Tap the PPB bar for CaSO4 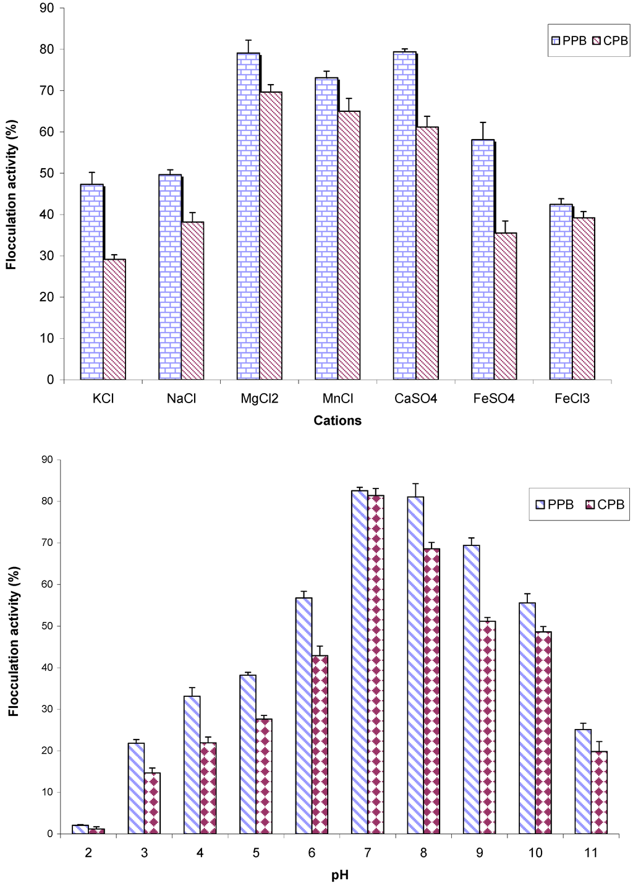[x=404, y=216]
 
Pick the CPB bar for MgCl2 [x=271, y=236]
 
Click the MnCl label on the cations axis [x=338, y=399]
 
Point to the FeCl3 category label [x=572, y=399]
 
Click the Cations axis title [x=338, y=421]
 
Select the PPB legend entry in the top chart [x=568, y=41]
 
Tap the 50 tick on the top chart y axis [x=47, y=173]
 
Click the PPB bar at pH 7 [x=359, y=662]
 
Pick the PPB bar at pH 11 [x=583, y=782]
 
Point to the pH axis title [x=339, y=875]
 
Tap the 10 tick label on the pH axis [x=535, y=853]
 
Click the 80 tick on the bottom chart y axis [x=47, y=501]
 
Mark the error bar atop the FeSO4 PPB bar [x=483, y=130]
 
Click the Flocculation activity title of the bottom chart [x=14, y=641]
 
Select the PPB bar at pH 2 [x=80, y=829]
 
